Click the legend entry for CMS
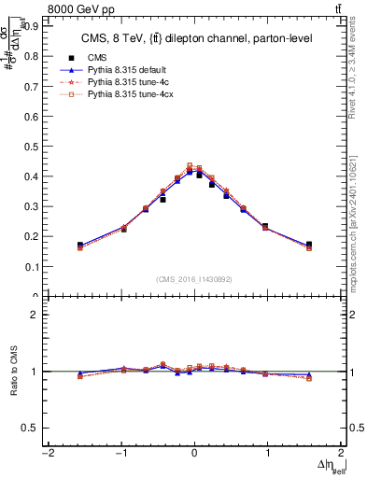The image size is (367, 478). click(96, 56)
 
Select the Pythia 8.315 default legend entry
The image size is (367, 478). click(124, 69)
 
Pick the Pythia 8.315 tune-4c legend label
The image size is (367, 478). click(123, 82)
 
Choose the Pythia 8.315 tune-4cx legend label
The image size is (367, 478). click(126, 95)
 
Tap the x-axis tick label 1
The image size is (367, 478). click(267, 454)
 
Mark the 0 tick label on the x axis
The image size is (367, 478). click(194, 454)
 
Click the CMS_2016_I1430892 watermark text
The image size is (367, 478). click(193, 280)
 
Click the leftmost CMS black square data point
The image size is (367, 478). click(80, 246)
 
